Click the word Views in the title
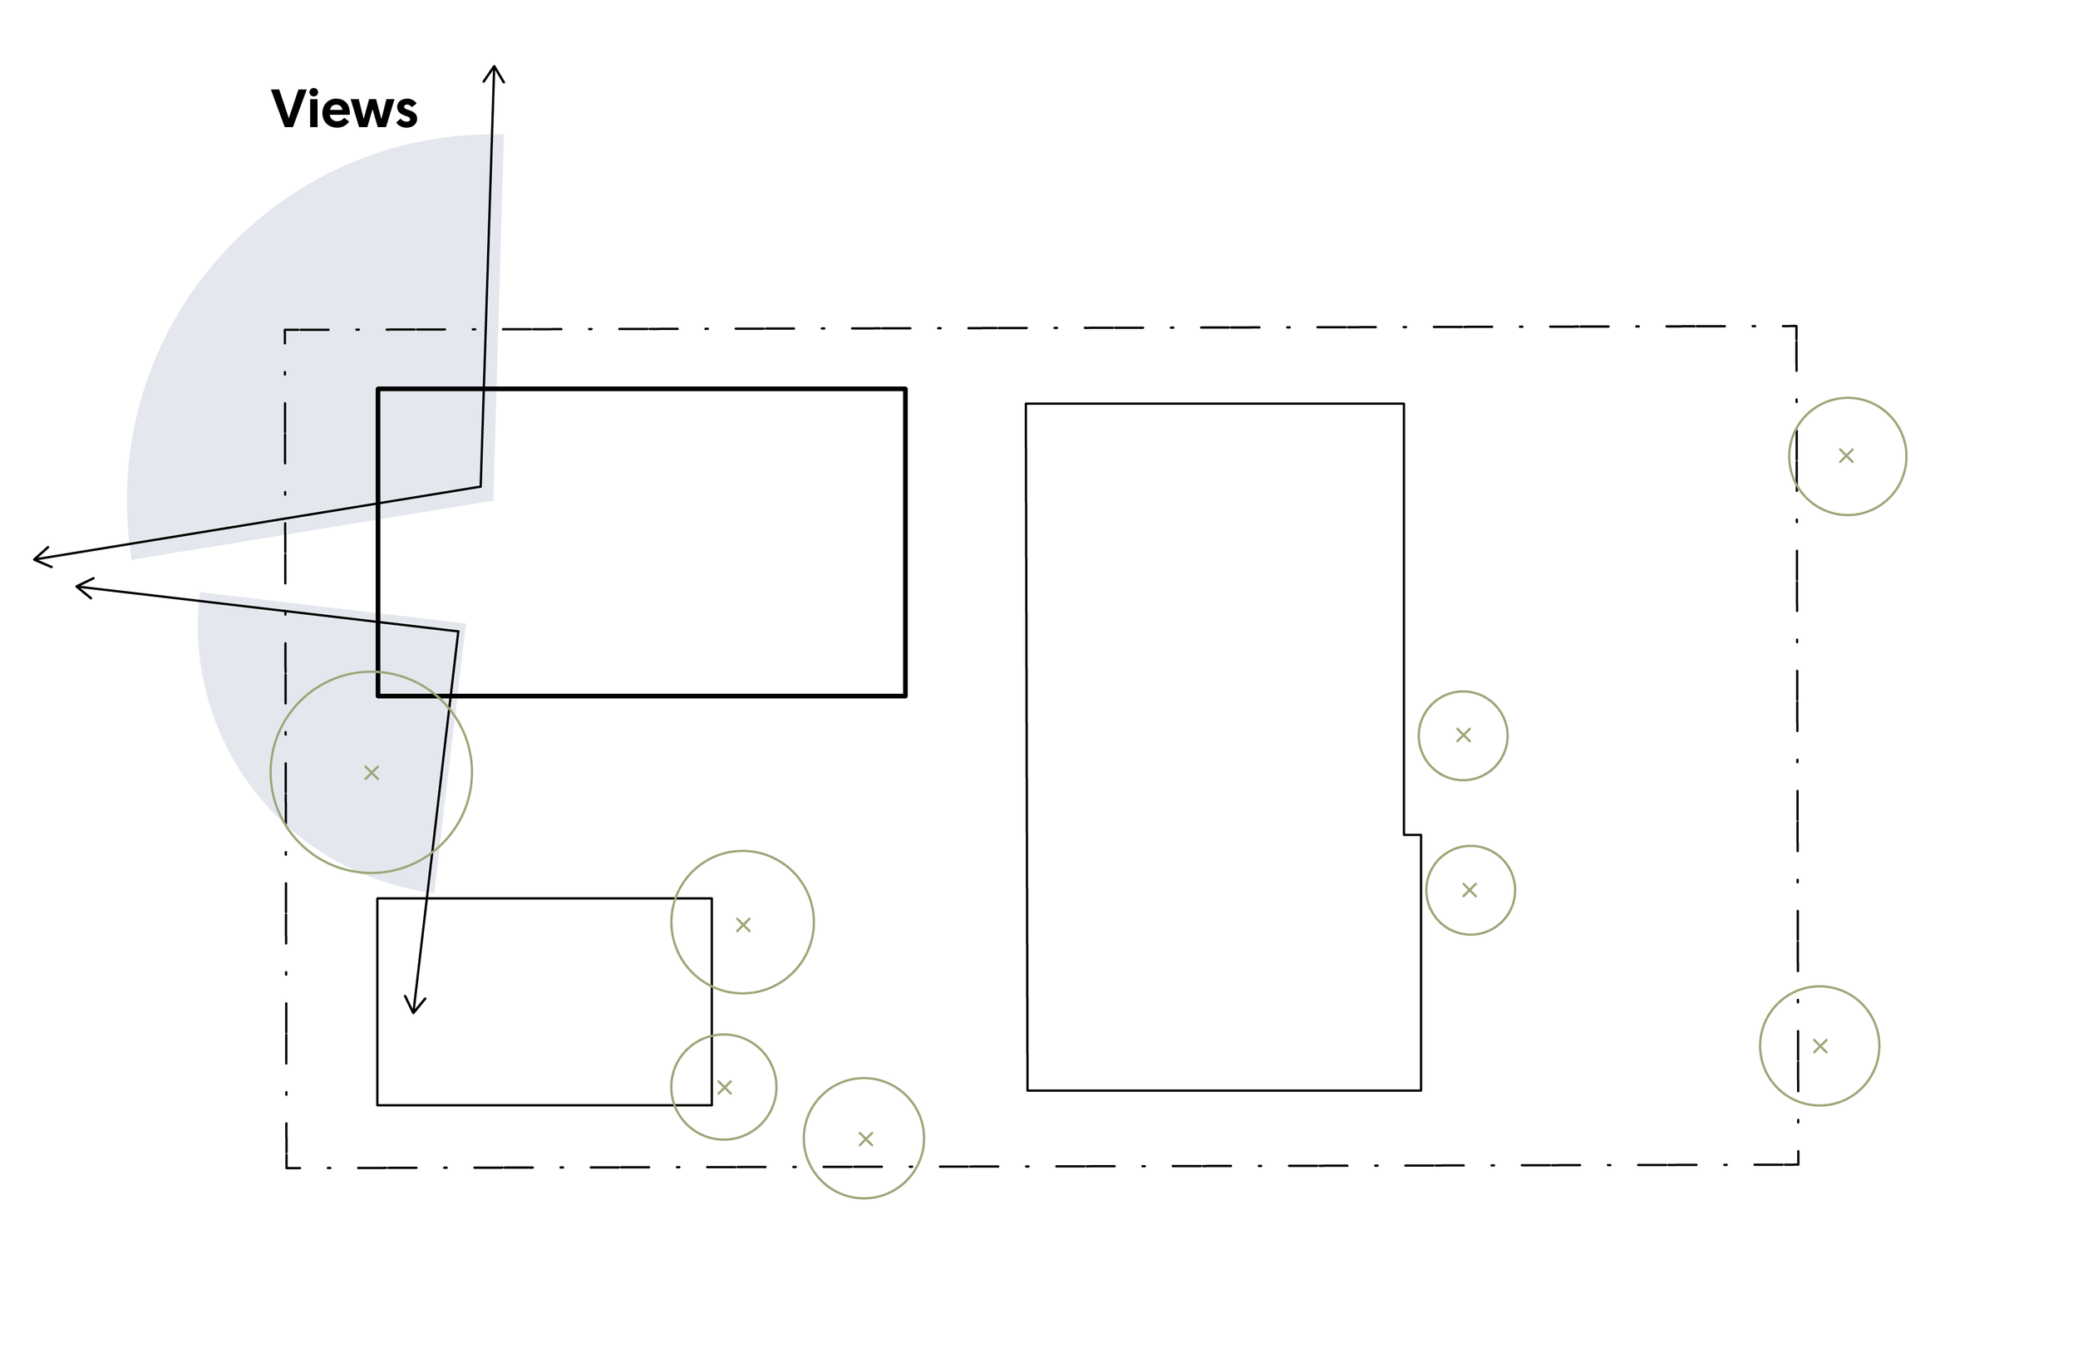344,109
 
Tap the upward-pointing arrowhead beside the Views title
495,68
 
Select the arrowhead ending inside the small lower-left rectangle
414,1010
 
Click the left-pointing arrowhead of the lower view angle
80,588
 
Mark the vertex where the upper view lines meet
480,486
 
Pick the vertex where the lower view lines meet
457,631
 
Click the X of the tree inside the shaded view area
371,773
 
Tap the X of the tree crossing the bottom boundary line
865,1139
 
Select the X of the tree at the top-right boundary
1846,455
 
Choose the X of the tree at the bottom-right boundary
1819,1045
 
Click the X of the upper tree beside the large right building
1464,735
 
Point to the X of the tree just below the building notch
1470,889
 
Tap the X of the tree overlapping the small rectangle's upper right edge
743,924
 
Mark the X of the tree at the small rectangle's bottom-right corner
724,1087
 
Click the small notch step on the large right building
1413,835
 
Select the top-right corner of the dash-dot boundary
1796,327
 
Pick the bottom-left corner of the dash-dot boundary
287,1167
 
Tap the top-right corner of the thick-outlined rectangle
905,389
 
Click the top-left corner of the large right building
1026,403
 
